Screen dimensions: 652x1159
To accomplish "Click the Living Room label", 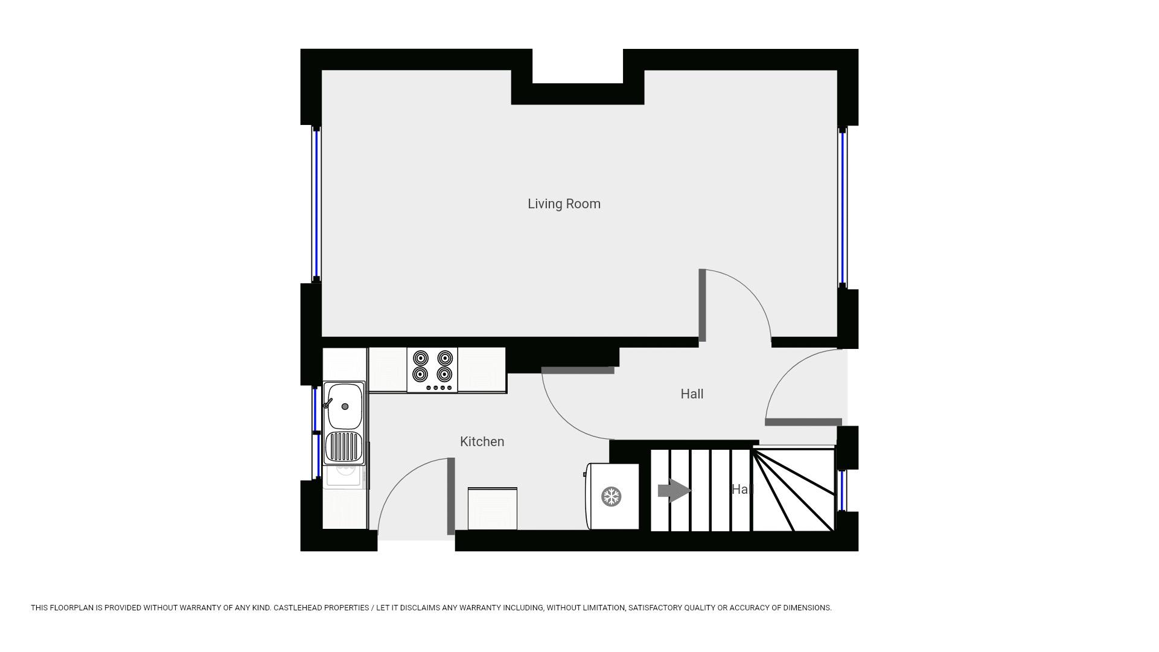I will click(564, 204).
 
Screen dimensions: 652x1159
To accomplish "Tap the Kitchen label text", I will click(482, 442).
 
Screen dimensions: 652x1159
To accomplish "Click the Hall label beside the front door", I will click(692, 394).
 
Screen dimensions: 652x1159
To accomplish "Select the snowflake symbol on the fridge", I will click(611, 497).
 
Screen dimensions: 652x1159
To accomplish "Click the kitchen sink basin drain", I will click(345, 407).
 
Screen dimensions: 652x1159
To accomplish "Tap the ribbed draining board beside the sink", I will click(344, 447).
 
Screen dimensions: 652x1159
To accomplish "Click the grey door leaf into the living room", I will click(702, 305).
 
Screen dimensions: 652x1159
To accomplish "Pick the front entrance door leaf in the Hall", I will click(803, 422).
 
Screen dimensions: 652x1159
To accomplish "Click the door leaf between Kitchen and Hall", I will click(578, 370).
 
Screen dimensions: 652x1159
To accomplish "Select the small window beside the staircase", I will click(843, 490).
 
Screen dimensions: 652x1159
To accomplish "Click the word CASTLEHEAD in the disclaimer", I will click(296, 608).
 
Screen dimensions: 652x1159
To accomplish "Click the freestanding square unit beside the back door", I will click(492, 509).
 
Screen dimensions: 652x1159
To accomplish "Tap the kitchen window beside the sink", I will click(315, 432).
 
